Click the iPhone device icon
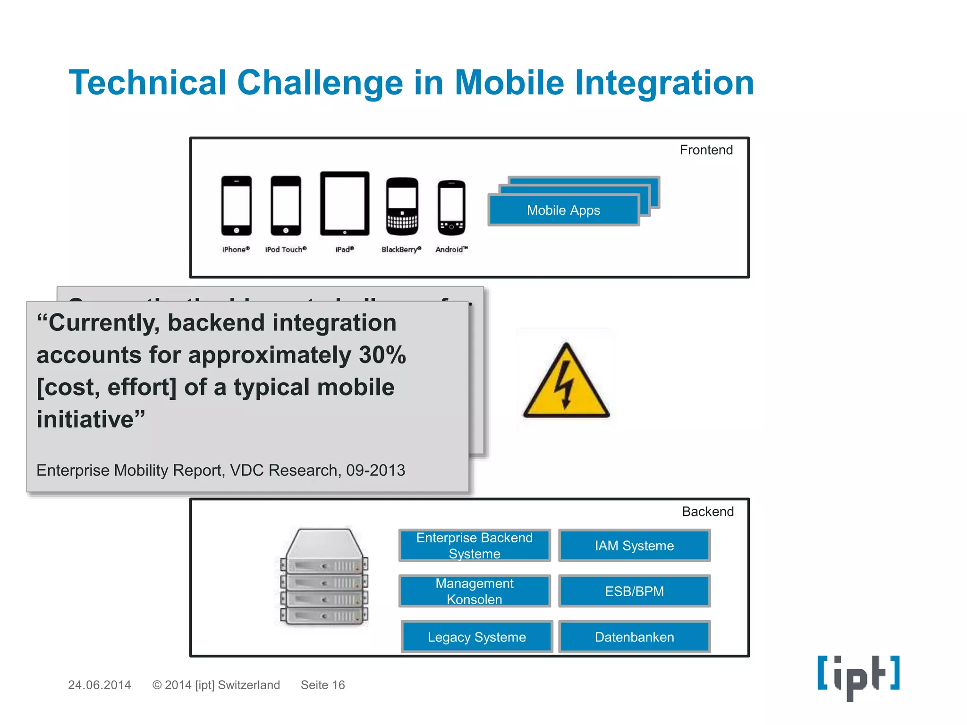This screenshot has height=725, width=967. tap(236, 205)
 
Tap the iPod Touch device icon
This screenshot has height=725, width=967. tap(286, 205)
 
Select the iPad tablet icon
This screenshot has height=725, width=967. tap(345, 203)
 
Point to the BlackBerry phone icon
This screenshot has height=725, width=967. tap(402, 206)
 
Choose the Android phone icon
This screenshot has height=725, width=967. tap(451, 208)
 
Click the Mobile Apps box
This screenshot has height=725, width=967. tap(563, 210)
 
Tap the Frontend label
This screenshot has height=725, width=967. tap(706, 150)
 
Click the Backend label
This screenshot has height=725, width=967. tap(707, 512)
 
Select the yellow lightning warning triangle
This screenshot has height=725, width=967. tap(566, 382)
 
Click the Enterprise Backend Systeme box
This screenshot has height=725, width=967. tap(475, 546)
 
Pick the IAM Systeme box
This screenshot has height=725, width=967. tap(634, 546)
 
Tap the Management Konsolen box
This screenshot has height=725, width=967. tap(475, 591)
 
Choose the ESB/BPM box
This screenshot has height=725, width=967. tap(634, 591)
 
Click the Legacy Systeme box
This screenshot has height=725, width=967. tap(476, 637)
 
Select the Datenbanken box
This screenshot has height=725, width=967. tap(634, 637)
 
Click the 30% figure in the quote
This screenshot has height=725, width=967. tap(382, 355)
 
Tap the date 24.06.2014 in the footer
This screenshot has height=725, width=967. tap(99, 685)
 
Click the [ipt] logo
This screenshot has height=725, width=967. tap(858, 676)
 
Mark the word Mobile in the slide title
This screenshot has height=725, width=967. tap(509, 83)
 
